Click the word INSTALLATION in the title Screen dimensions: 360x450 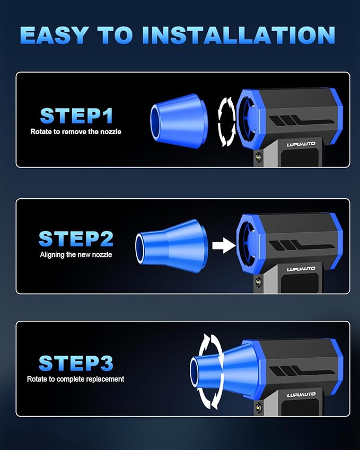[239, 35]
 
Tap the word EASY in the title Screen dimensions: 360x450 [54, 35]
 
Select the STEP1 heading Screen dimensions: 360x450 [77, 116]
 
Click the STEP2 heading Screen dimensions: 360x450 [76, 239]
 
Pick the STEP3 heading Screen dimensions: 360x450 [76, 363]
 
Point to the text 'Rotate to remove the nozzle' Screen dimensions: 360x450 [76, 132]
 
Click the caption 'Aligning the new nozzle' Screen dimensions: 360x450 [76, 254]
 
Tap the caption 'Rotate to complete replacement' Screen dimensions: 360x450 [75, 379]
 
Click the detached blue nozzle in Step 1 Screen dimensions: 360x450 [179, 121]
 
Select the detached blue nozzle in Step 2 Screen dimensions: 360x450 [171, 245]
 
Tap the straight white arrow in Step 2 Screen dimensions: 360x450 [224, 245]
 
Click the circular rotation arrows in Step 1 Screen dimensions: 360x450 [226, 121]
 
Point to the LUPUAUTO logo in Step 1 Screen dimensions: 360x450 [301, 144]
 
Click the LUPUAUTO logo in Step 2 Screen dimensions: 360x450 [301, 269]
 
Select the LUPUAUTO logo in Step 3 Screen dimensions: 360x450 [301, 395]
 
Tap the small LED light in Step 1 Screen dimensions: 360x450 [258, 157]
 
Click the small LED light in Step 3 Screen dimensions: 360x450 [258, 407]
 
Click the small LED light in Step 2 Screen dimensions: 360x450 [258, 282]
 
